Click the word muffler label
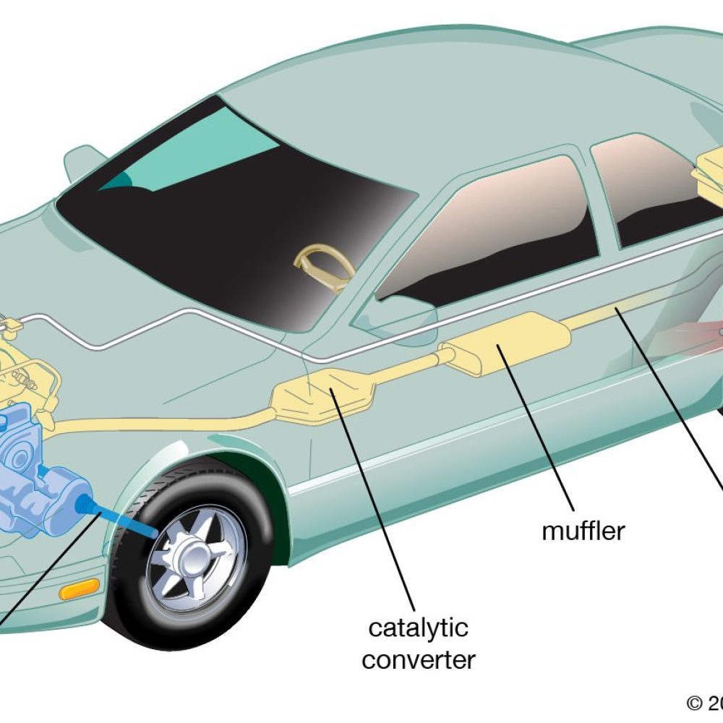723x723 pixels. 583,531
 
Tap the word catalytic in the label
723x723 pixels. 418,628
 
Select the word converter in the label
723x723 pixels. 419,659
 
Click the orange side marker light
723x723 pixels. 79,590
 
